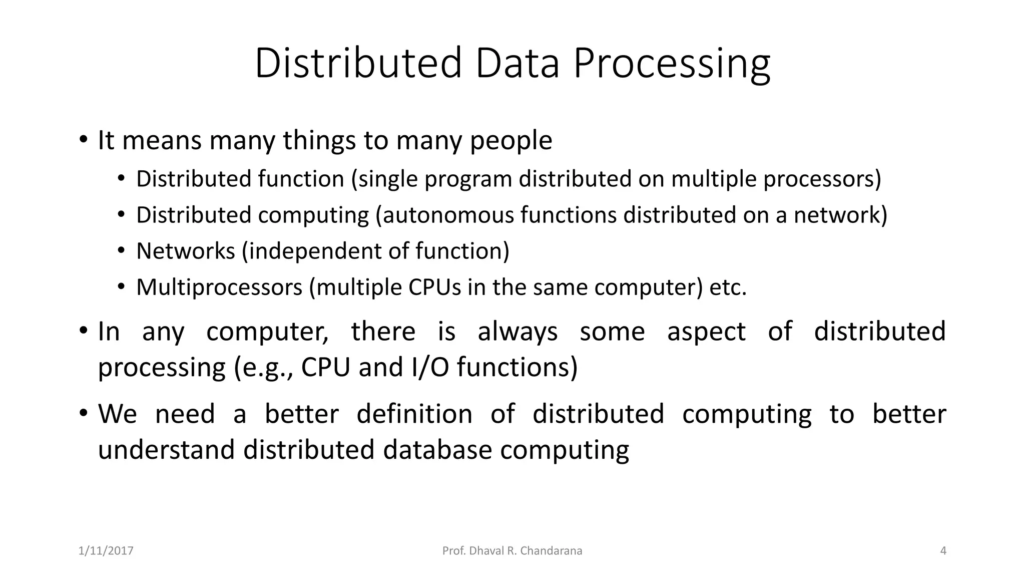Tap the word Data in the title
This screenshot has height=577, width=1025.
(517, 64)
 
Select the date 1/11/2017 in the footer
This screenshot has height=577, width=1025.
(106, 551)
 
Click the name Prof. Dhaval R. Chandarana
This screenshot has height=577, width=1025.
(512, 551)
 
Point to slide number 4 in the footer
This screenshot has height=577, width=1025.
(943, 551)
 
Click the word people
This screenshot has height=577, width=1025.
(510, 141)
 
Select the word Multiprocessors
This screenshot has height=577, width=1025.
(219, 287)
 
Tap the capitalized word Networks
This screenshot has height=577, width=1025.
(185, 251)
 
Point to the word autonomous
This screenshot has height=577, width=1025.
(448, 215)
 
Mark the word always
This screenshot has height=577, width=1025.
(518, 332)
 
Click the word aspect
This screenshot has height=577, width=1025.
(706, 332)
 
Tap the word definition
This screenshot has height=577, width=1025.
(414, 414)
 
